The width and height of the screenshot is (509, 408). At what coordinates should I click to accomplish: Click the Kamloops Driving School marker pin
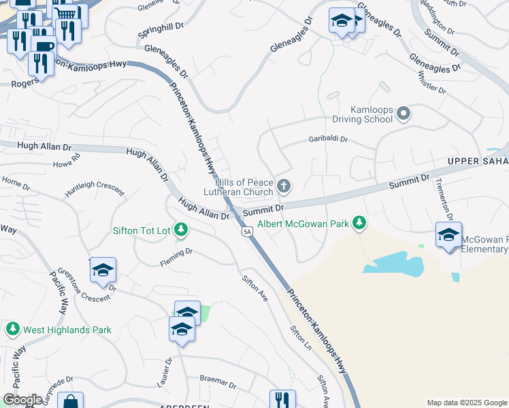tap(404, 113)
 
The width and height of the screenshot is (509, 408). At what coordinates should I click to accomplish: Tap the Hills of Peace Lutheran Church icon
tap(284, 185)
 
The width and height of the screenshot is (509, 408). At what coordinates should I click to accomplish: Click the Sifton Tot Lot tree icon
tap(181, 230)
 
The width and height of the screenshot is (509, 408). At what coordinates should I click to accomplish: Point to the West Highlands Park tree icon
tap(12, 330)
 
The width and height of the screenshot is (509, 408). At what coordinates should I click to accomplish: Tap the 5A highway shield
tap(248, 232)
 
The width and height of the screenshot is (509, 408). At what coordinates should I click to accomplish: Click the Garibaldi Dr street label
tap(329, 139)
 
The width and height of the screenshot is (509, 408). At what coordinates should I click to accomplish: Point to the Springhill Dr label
tap(161, 30)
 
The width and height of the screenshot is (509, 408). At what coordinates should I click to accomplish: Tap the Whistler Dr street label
tap(431, 82)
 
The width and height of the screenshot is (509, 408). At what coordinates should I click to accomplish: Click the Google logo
tap(23, 400)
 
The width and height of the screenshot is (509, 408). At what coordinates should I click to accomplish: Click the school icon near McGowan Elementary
tap(448, 235)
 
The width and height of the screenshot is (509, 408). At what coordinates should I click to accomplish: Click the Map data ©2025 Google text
tap(466, 403)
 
